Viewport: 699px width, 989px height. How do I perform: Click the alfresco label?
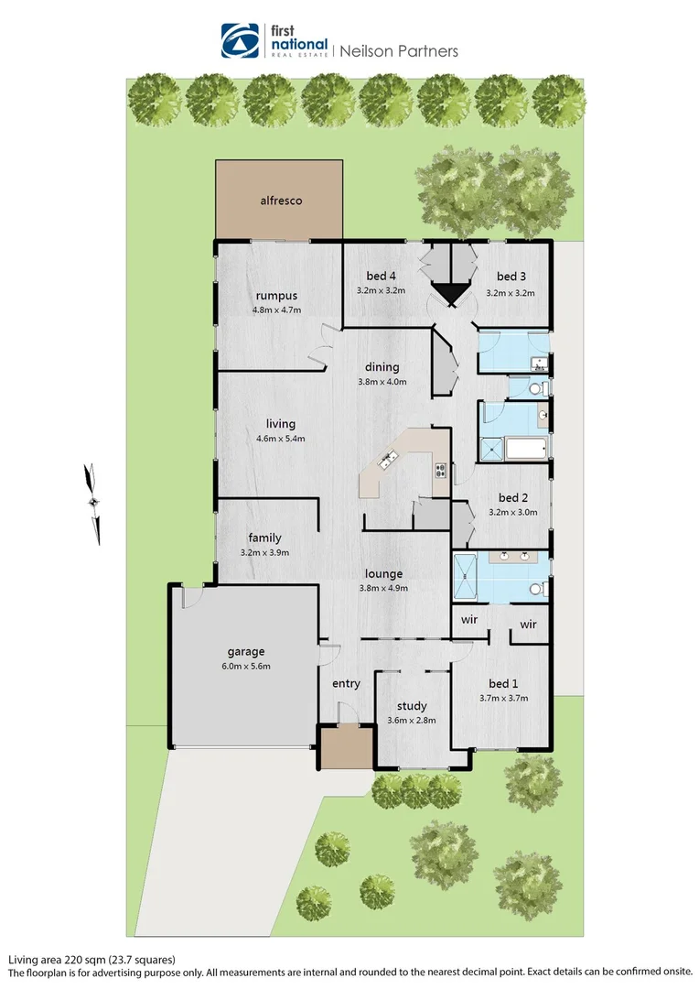coord(279,200)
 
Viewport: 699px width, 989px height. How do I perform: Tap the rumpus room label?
coord(276,295)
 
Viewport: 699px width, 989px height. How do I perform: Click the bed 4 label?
coord(382,276)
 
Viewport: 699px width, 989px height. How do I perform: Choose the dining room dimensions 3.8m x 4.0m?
coord(382,382)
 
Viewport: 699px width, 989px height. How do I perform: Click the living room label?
coord(280,424)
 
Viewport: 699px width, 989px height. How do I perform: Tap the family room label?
coord(264,538)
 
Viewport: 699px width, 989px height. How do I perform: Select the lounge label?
coord(382,574)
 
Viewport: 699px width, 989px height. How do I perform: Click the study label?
coord(412,706)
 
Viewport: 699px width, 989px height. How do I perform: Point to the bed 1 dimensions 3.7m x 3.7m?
coord(503,698)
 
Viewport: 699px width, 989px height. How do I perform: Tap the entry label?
coord(346,683)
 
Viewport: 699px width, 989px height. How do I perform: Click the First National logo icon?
coord(241,41)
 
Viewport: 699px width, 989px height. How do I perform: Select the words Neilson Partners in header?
coord(399,51)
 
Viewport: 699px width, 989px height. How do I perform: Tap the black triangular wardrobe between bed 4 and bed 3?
coord(448,294)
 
